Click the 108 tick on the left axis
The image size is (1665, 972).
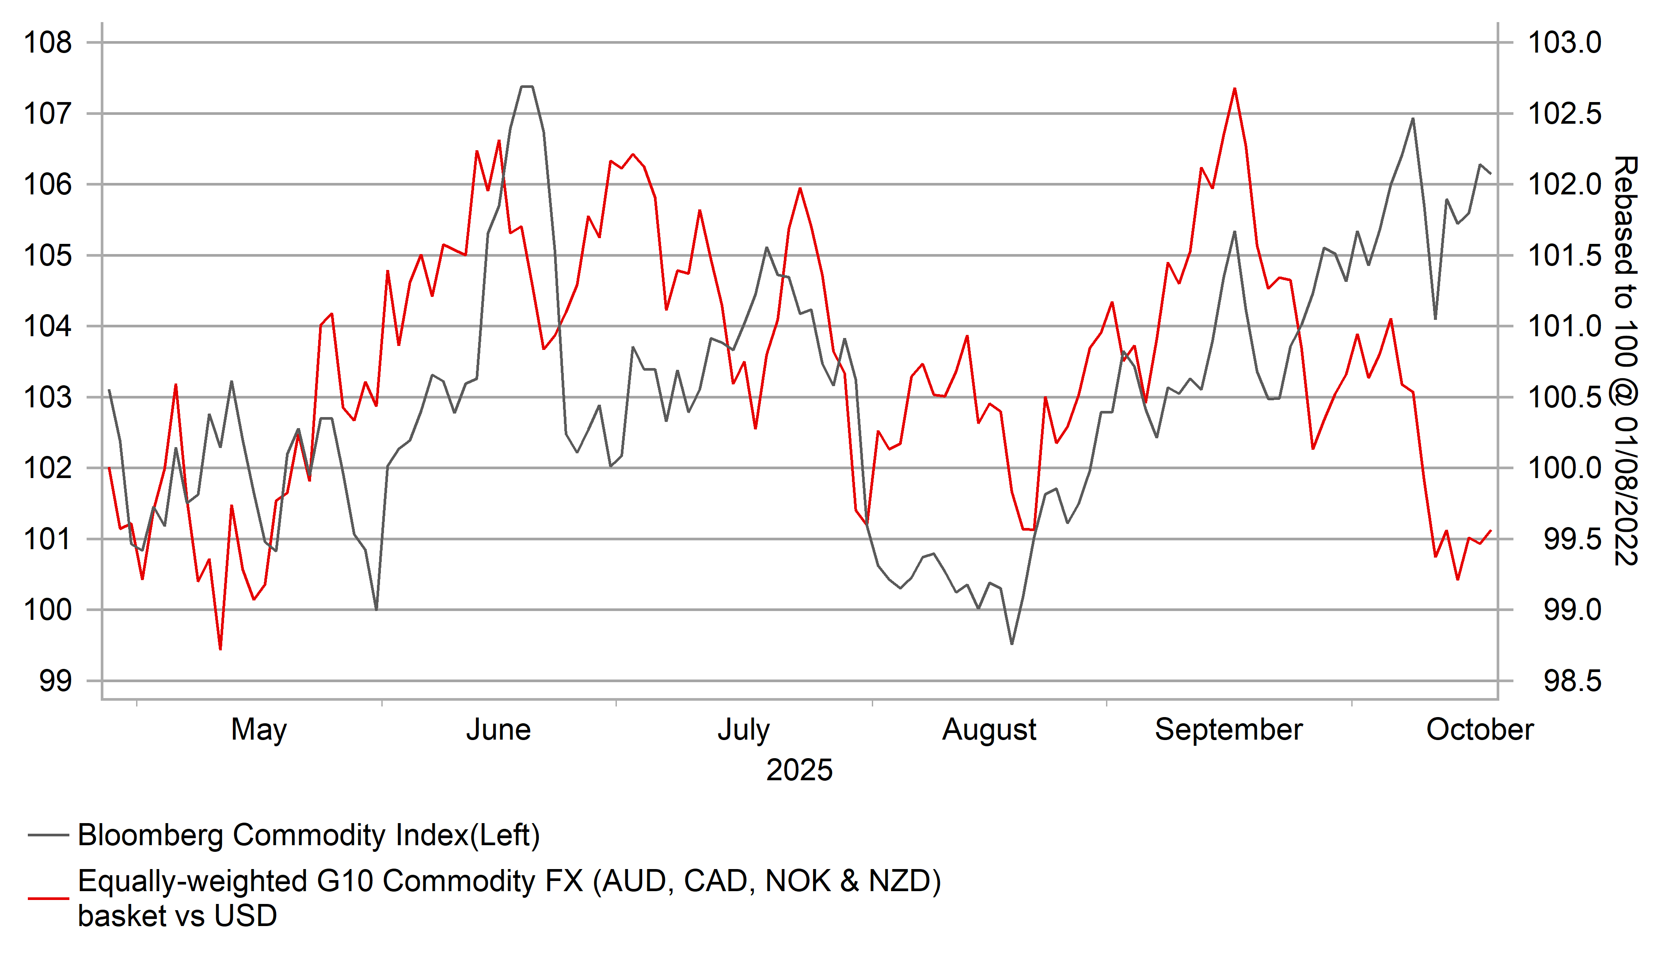[48, 43]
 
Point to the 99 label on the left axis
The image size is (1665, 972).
[56, 680]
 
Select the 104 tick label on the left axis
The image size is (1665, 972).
[48, 327]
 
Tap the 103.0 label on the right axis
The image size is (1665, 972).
[1565, 43]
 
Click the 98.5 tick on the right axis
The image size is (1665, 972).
[1573, 680]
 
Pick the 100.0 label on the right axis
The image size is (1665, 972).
[1565, 468]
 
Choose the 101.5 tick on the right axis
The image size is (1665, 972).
[1565, 256]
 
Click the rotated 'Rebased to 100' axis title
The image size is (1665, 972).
[1625, 360]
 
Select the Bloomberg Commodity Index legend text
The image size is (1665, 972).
[308, 835]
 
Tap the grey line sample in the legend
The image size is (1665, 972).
[48, 835]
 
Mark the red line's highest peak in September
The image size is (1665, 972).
[1234, 88]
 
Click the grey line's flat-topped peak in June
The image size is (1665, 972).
[527, 87]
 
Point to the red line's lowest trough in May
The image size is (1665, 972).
[220, 649]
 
